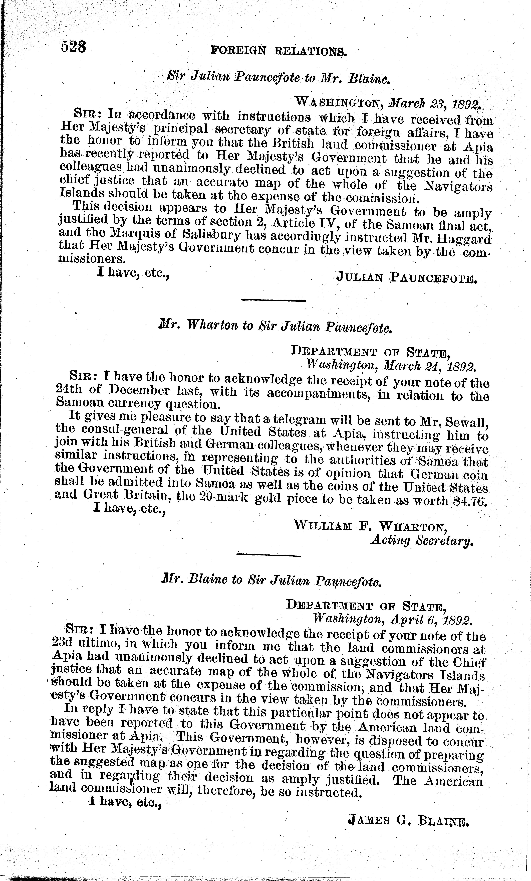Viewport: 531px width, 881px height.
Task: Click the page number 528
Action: coord(74,47)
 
